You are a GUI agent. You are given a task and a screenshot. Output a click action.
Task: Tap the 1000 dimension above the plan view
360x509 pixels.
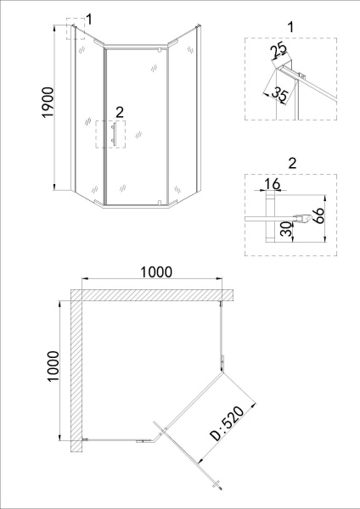[152, 272]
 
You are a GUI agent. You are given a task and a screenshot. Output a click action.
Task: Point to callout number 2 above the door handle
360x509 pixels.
[119, 112]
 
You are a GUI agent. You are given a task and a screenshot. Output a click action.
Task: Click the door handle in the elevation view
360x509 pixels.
[112, 136]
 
